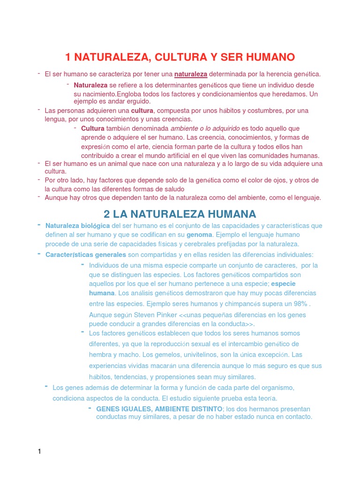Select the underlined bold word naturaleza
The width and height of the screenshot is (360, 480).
(x=191, y=74)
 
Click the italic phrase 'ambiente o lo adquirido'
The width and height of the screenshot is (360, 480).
(x=205, y=128)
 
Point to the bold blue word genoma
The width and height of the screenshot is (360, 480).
(x=199, y=234)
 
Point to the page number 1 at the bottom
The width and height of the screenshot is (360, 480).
(x=40, y=451)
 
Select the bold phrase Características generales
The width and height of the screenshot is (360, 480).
(x=86, y=255)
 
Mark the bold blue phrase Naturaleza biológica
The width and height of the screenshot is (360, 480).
(x=78, y=225)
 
